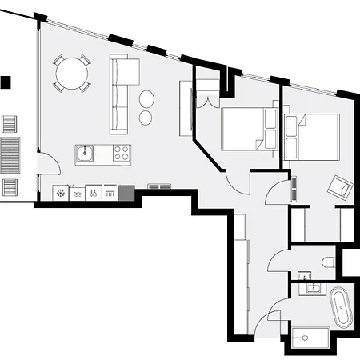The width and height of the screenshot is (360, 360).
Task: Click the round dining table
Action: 73,74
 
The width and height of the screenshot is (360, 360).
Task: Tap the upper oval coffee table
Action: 147,99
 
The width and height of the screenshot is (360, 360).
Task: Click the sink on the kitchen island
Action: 86,152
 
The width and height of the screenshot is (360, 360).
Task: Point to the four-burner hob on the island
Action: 122,152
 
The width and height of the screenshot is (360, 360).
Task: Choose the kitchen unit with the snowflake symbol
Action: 60,193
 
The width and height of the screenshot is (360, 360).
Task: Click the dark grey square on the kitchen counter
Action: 126,193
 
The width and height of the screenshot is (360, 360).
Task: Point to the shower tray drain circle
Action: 306,338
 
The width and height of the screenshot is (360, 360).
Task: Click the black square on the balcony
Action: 6,82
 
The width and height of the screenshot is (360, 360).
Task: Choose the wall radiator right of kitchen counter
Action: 159,186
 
